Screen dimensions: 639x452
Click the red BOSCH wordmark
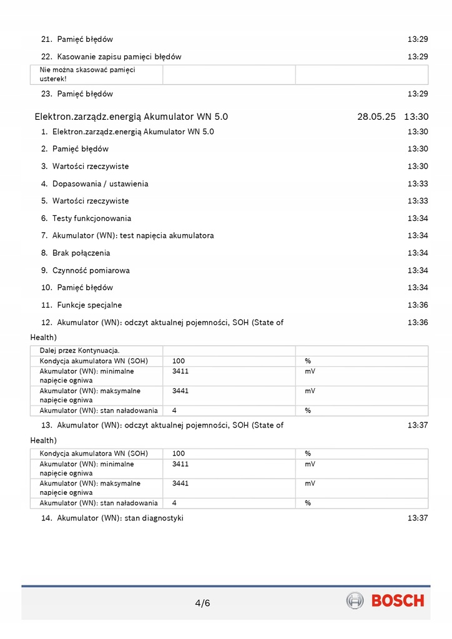[x=398, y=601]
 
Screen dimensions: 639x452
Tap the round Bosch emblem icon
[x=355, y=601]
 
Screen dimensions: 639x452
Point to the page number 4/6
[x=203, y=603]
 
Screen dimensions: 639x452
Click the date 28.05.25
[x=376, y=116]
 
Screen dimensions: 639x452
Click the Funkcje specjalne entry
[x=89, y=305]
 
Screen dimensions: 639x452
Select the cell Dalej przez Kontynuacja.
[x=80, y=351]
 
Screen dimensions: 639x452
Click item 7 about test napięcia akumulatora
[x=132, y=236]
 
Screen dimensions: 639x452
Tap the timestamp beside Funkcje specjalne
[x=418, y=305]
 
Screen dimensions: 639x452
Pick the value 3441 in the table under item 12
[x=180, y=391]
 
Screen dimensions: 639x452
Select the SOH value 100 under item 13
[x=179, y=454]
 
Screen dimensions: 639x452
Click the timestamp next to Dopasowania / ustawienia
[x=418, y=184]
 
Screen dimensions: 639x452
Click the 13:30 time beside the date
[x=416, y=116]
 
